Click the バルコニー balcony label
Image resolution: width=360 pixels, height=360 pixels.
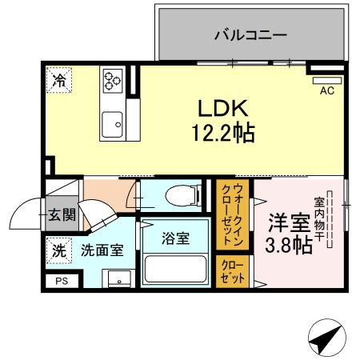click(250, 35)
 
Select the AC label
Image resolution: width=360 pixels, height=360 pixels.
click(326, 91)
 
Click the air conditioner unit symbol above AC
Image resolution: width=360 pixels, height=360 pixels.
click(326, 80)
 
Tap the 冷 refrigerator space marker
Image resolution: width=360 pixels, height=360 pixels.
click(58, 79)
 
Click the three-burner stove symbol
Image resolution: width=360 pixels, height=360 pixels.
click(111, 80)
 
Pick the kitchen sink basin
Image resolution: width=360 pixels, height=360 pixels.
click(111, 123)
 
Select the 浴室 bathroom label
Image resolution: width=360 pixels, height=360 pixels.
click(176, 238)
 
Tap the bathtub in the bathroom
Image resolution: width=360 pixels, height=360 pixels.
click(176, 269)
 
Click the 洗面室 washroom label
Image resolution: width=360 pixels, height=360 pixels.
click(102, 250)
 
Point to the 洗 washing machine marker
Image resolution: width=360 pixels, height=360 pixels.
click(58, 249)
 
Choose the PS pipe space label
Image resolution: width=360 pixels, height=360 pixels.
click(62, 281)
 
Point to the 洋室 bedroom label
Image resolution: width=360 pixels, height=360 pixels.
click(290, 222)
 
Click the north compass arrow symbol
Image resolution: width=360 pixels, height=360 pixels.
click(326, 339)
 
